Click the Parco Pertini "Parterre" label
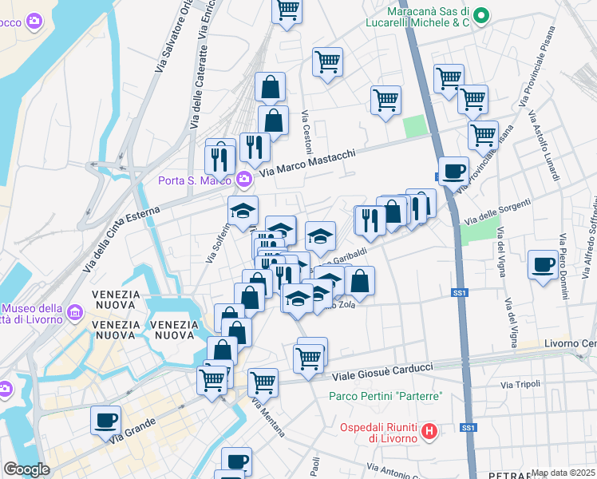pyautogui.click(x=385, y=397)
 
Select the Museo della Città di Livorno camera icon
pyautogui.click(x=74, y=311)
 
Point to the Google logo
pyautogui.click(x=26, y=469)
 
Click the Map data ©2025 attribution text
pyautogui.click(x=563, y=473)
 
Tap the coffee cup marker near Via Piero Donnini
pyautogui.click(x=543, y=263)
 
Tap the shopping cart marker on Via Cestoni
pyautogui.click(x=327, y=61)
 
